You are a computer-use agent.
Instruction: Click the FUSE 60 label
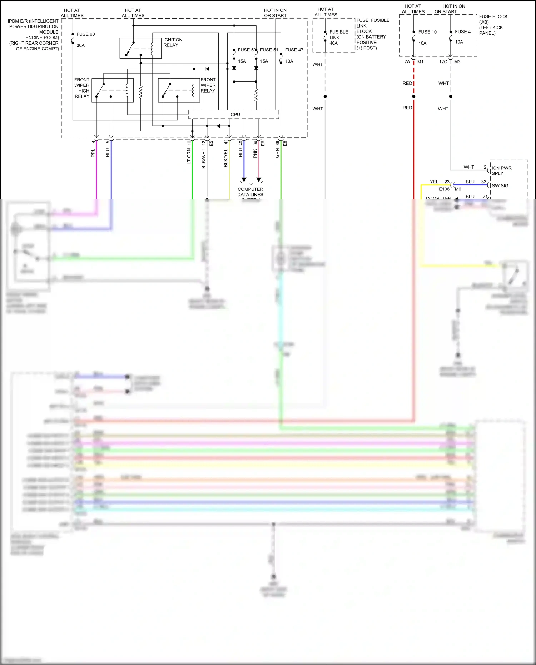[85, 34]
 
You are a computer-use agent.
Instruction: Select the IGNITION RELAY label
[173, 42]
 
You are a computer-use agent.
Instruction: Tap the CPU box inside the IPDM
[235, 115]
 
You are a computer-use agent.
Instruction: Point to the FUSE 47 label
[294, 50]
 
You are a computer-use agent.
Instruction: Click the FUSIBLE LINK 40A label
[338, 37]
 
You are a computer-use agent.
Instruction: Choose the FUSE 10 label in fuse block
[427, 32]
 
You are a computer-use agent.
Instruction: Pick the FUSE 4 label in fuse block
[462, 32]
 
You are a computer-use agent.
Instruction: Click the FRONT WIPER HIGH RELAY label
[82, 88]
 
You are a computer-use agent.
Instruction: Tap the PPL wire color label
[93, 153]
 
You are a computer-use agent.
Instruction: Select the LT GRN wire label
[189, 157]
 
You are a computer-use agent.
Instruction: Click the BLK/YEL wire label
[226, 158]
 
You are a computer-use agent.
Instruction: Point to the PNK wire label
[255, 154]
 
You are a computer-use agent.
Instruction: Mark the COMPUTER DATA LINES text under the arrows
[250, 192]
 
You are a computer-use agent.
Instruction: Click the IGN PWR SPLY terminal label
[501, 170]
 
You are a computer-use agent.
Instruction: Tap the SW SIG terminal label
[500, 186]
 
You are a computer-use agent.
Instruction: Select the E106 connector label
[444, 189]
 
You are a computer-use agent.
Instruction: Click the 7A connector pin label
[407, 62]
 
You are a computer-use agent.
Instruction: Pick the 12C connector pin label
[443, 62]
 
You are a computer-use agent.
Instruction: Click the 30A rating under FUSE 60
[80, 45]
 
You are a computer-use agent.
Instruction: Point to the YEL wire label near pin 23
[434, 182]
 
